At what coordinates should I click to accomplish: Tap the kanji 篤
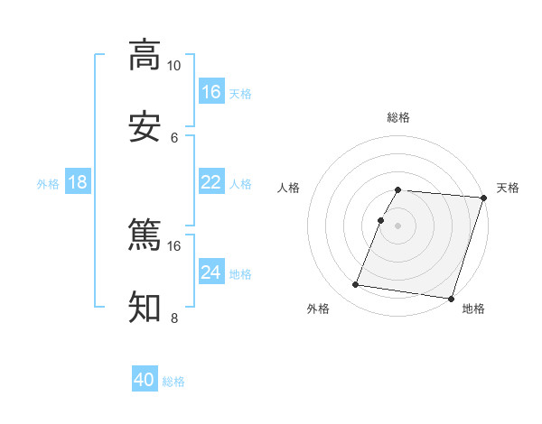coord(145,235)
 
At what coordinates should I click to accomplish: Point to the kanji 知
coord(145,308)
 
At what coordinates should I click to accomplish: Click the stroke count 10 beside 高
coord(174,66)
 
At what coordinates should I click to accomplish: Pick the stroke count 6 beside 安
coord(174,137)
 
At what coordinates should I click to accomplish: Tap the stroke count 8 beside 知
coord(174,318)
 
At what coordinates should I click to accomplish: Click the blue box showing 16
coord(211,91)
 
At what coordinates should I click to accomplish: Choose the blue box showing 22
coord(211,182)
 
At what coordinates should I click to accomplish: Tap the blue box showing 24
coord(211,272)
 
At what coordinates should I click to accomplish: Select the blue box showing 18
coord(78,182)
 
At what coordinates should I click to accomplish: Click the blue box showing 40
coord(145,380)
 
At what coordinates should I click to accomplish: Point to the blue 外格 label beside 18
coord(48,183)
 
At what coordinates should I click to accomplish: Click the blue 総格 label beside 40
coord(173,381)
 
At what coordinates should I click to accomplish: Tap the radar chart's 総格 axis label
coord(398,117)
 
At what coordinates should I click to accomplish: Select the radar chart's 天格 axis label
coord(508,188)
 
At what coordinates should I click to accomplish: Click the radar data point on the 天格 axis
coord(484,198)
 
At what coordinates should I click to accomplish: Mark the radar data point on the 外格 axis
coord(356,285)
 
